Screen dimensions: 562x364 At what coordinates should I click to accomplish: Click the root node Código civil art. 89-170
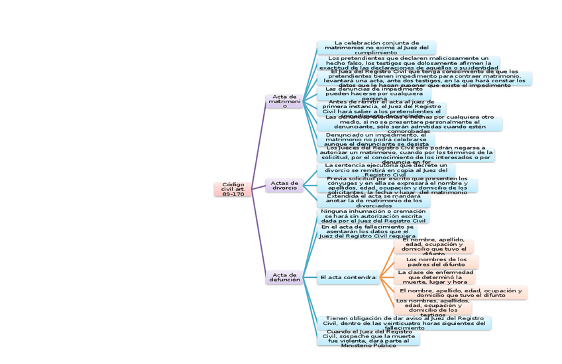click(233, 189)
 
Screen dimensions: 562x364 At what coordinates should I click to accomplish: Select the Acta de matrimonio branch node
click(284, 101)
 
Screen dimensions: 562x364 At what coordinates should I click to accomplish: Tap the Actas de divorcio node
click(284, 186)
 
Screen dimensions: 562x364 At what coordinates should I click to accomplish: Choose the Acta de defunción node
click(284, 277)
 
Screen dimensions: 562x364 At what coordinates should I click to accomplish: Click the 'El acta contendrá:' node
click(348, 277)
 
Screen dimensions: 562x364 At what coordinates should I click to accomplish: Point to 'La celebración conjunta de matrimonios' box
click(376, 48)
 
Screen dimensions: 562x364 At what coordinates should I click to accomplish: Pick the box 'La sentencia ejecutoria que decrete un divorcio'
click(381, 169)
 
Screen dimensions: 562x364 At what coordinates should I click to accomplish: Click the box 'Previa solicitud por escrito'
click(397, 185)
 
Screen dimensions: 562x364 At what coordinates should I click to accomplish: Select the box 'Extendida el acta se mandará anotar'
click(373, 200)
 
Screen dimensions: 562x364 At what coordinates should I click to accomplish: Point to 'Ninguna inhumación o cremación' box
click(372, 216)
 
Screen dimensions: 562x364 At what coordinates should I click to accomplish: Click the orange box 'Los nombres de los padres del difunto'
click(435, 262)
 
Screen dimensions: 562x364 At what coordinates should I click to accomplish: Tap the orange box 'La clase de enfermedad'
click(435, 276)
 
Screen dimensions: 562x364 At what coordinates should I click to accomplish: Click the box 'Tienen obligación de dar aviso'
click(404, 322)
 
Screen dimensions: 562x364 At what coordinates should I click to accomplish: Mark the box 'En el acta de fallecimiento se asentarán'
click(367, 231)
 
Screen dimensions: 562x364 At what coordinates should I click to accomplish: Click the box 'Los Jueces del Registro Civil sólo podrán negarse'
click(406, 154)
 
